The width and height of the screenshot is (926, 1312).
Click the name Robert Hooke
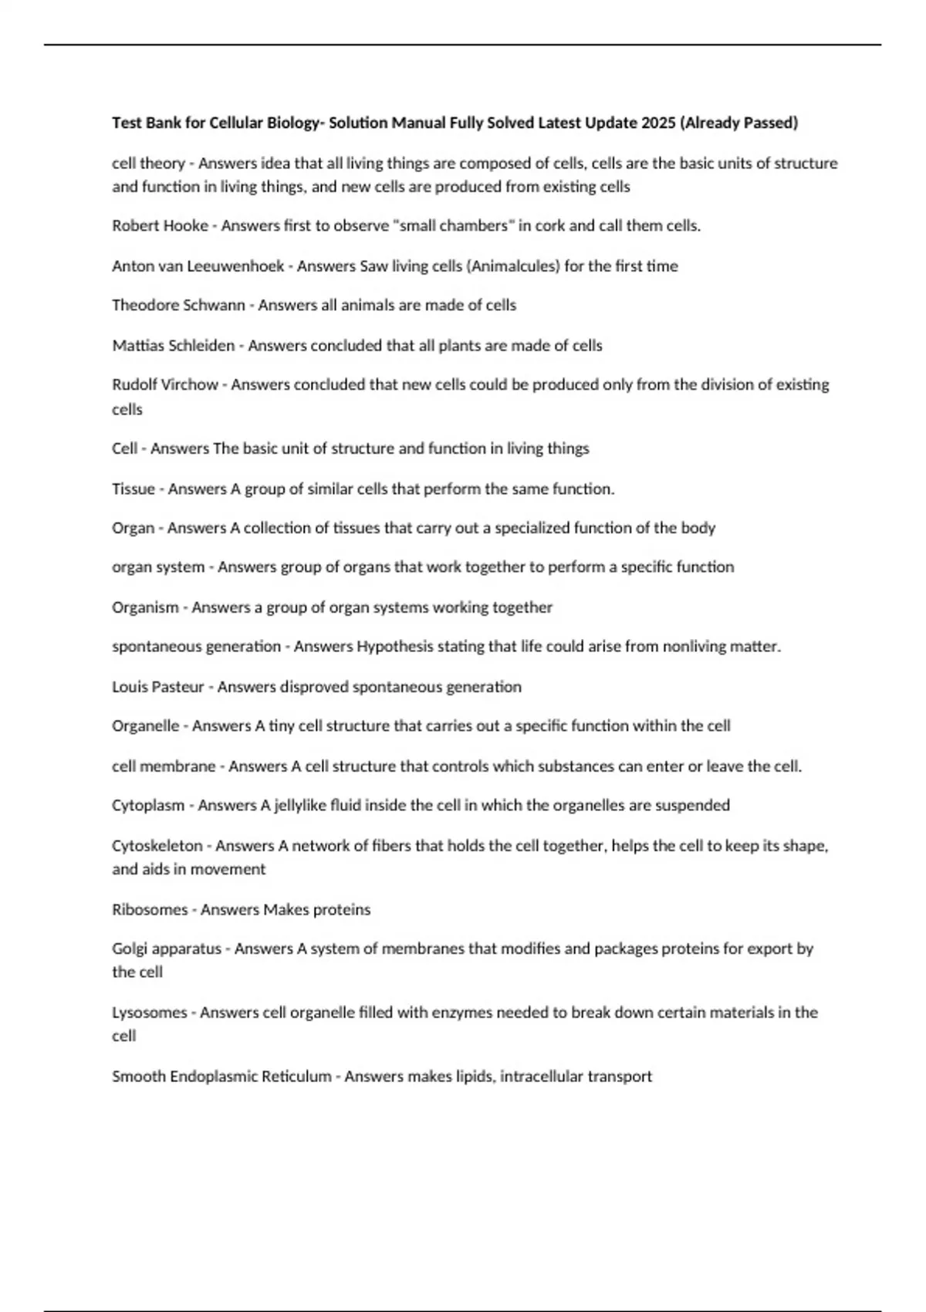tap(160, 226)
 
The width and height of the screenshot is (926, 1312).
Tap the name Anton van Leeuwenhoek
tap(198, 266)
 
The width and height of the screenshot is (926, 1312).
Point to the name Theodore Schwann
tap(178, 306)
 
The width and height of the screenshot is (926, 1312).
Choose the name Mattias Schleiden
tap(173, 346)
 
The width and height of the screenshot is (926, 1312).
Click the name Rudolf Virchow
tap(164, 385)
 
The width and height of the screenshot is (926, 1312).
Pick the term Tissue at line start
tap(133, 489)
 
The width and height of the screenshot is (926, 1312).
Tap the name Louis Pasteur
tap(158, 687)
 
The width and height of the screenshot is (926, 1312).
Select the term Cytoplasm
tap(148, 806)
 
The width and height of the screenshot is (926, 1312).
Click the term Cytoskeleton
tap(157, 846)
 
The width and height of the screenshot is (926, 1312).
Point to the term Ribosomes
tap(150, 910)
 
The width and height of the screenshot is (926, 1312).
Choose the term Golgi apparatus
tap(167, 948)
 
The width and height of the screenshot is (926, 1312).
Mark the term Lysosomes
tap(150, 1013)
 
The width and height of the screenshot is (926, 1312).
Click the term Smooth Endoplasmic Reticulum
tap(221, 1077)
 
